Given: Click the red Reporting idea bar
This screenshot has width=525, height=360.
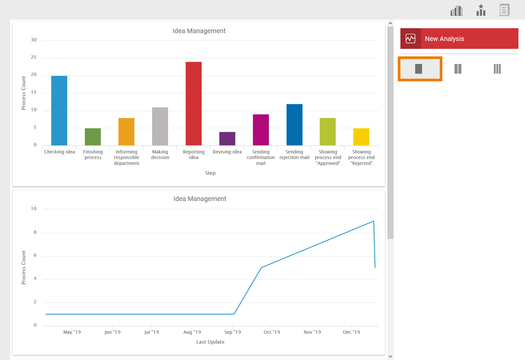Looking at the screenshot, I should [193, 104].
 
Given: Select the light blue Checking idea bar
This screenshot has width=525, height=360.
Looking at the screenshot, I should [59, 110].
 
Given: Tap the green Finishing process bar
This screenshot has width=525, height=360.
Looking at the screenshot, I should [93, 137].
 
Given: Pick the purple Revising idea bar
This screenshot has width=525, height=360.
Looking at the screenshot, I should [227, 139].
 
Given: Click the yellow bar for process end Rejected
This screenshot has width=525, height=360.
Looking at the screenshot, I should [361, 137].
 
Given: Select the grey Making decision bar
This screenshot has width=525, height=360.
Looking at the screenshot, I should [160, 126].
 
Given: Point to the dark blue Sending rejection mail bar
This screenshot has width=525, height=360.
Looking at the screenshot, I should [294, 125].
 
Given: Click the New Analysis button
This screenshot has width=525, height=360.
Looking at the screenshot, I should [459, 39].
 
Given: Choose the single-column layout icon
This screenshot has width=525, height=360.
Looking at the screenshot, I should [419, 69].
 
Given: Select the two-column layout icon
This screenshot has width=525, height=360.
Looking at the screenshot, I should [458, 69].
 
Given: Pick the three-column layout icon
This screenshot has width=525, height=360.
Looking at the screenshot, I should [497, 69].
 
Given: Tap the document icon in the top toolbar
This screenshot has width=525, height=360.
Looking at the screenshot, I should [504, 10].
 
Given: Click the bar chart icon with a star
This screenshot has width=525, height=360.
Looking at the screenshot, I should [481, 10].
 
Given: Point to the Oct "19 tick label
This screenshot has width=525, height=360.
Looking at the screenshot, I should [272, 332].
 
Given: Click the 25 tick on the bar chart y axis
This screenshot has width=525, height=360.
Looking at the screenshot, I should [34, 57].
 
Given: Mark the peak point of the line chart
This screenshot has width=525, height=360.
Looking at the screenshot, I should [374, 221].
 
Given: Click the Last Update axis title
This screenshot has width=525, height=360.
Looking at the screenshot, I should [211, 342].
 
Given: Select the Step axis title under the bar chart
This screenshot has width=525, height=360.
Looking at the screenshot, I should [211, 173].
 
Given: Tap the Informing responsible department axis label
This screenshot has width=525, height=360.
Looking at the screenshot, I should [127, 157].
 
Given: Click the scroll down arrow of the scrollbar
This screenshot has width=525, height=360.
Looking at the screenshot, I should [390, 356].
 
